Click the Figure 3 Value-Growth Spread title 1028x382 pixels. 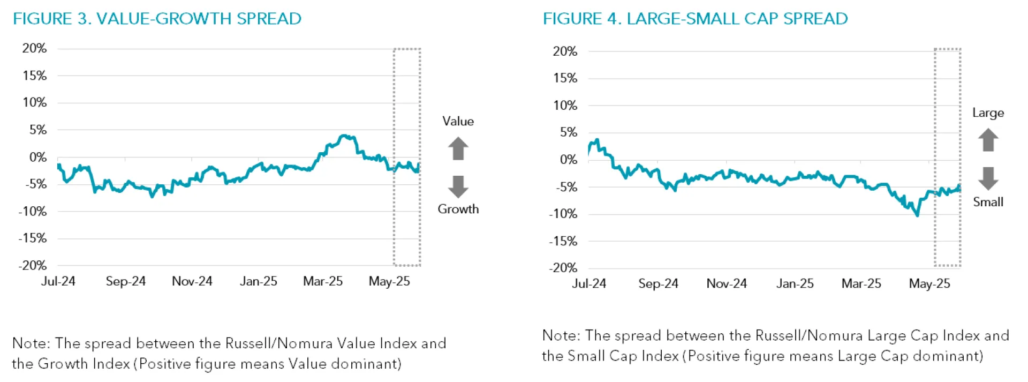pos(157,19)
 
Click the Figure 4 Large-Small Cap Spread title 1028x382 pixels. pos(695,19)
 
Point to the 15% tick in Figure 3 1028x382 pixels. pos(34,76)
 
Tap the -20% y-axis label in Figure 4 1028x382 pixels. pos(563,268)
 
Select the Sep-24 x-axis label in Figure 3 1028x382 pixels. pos(125,281)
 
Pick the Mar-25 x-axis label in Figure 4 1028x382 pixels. pos(861,283)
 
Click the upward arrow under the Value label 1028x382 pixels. pos(458,148)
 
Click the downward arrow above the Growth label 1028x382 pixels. pos(458,186)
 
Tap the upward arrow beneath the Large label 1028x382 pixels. pos(988,140)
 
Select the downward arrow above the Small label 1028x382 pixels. pos(988,178)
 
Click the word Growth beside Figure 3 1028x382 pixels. pos(458,209)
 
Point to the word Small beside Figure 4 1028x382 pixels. pos(988,202)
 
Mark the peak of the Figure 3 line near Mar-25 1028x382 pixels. pos(344,136)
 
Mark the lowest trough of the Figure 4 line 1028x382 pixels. pos(917,215)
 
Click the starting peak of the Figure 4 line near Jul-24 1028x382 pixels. pos(597,140)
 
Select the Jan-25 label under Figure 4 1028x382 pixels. pos(795,283)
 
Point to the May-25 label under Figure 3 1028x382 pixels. pos(389,281)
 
